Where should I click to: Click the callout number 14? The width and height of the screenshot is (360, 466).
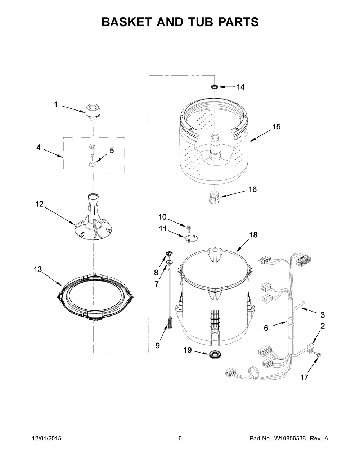(240, 87)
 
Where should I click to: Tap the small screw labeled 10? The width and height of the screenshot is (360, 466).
(188, 227)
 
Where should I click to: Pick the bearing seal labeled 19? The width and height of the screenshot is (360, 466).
(215, 353)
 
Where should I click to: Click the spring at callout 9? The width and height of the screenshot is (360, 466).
(167, 321)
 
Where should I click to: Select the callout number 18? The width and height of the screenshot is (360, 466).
(253, 235)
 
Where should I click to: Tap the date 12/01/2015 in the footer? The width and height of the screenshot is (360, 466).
(46, 438)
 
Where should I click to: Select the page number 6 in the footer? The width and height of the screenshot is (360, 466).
(180, 438)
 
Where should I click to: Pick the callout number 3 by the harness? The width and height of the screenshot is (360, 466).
(322, 315)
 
